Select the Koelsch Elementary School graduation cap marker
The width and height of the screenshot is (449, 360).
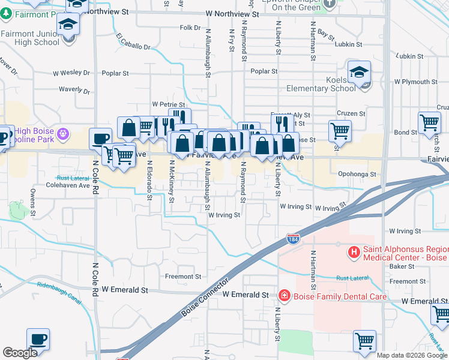coord(359,73)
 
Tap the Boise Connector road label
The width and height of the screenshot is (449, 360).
coord(203,297)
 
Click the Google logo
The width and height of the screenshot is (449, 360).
coord(20,353)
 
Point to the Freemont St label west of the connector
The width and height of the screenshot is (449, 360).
coord(183,277)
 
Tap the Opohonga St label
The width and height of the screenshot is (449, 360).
coord(357,174)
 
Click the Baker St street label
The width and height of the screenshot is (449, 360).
coord(402,266)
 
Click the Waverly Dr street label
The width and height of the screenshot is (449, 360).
coord(74,91)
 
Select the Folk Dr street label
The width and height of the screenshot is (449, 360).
coord(189,28)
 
